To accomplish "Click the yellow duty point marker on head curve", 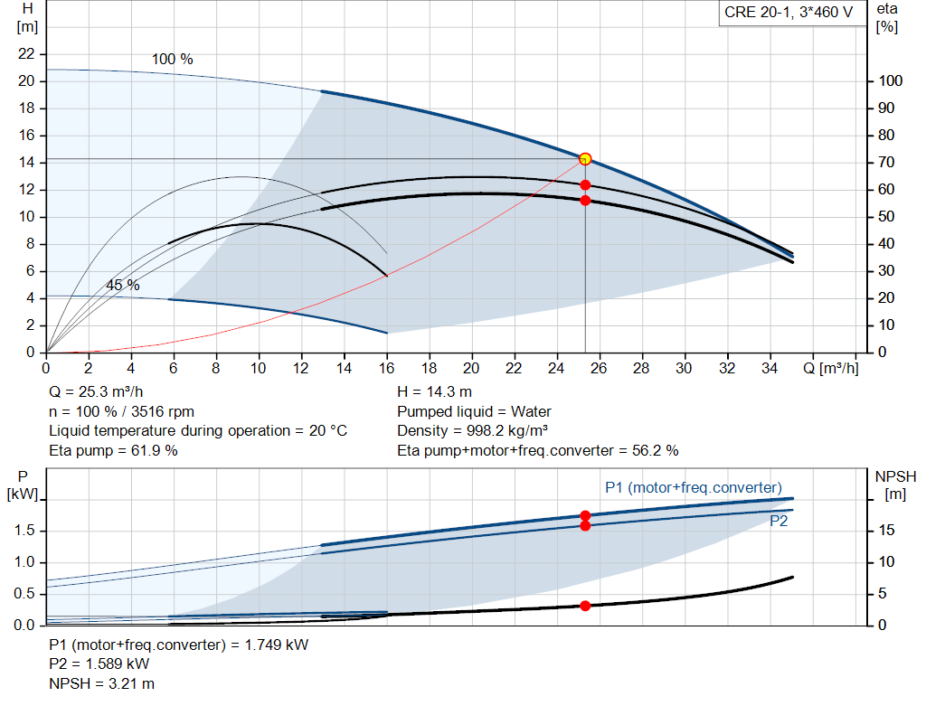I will [585, 159].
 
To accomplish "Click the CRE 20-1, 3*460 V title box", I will [788, 14].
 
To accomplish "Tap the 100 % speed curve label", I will [172, 60].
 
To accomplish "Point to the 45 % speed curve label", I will [123, 285].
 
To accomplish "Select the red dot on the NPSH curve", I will [585, 606].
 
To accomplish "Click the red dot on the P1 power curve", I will [585, 515].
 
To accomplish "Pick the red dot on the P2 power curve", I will [585, 525].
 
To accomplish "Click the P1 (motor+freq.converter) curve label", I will [693, 488].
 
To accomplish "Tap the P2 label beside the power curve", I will [779, 522].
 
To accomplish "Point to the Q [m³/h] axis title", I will [830, 368].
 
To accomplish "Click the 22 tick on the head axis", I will [27, 54].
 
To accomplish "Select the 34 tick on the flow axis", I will [770, 368].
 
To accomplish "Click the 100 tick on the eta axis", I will [890, 81].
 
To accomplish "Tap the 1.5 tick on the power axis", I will [25, 531].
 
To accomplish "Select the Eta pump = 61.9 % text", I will [113, 450].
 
